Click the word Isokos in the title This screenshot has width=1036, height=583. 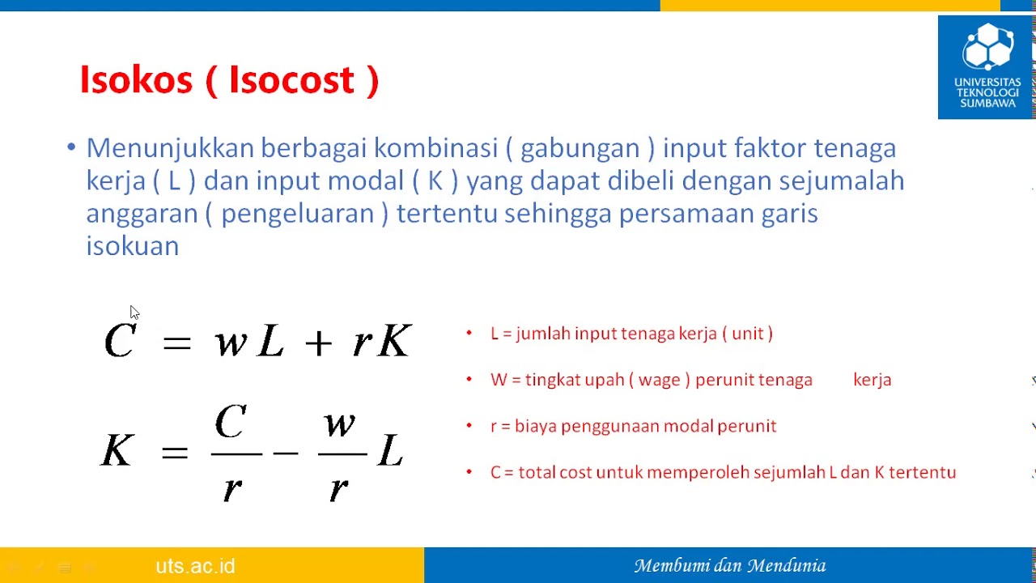[x=136, y=80]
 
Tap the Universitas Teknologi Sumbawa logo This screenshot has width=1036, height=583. [x=987, y=67]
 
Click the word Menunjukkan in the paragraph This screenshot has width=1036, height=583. [x=169, y=148]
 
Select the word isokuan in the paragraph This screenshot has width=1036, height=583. [x=132, y=246]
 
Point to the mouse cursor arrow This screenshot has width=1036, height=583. [x=134, y=313]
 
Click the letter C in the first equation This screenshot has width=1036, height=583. [x=120, y=341]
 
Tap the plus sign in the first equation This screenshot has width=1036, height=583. [x=318, y=343]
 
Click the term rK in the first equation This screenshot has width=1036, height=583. [x=382, y=342]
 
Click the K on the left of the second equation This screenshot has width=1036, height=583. [x=117, y=450]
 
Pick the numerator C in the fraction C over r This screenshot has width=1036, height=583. [x=231, y=423]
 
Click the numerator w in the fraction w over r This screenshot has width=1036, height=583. [x=340, y=424]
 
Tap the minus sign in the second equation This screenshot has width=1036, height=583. [x=286, y=452]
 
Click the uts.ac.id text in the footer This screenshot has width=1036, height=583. [x=195, y=566]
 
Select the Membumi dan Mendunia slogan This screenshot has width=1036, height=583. [x=729, y=566]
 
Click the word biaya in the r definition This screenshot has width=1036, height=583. [x=535, y=426]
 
